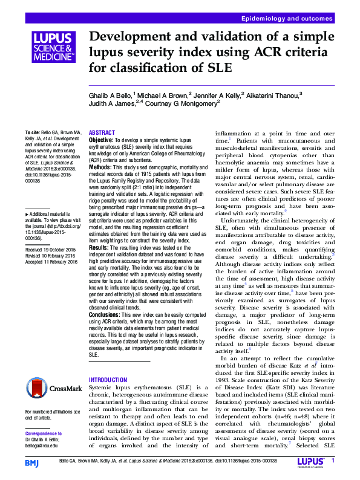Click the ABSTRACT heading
point(101,132)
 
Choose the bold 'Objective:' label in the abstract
point(100,139)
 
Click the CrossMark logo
point(53,388)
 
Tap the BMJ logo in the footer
point(32,462)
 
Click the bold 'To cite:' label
point(32,133)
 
